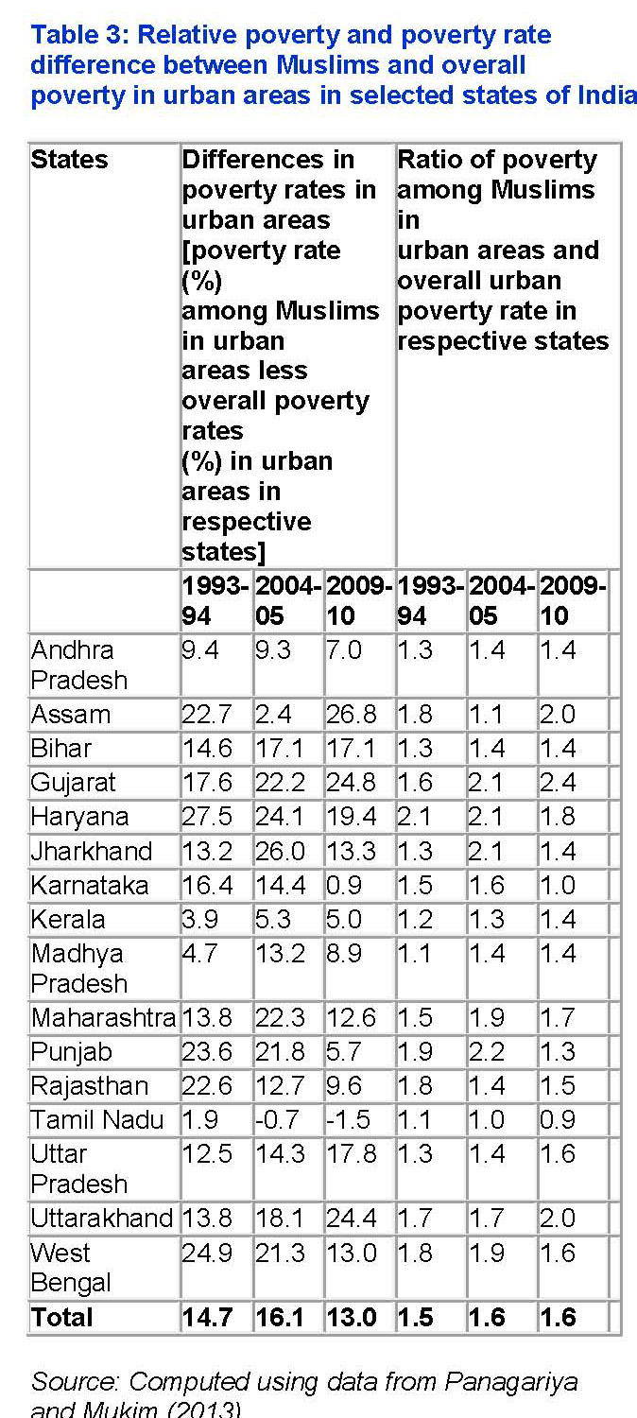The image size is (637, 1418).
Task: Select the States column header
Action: tap(69, 160)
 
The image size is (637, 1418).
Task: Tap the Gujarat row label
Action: tap(74, 783)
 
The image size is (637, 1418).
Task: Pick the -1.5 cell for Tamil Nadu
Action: tap(347, 1120)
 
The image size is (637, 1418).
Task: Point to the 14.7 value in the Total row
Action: tap(206, 1318)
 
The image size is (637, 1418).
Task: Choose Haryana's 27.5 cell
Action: tap(206, 817)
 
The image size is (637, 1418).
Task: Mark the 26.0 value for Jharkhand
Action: tap(280, 851)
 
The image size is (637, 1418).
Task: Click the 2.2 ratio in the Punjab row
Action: tap(490, 1052)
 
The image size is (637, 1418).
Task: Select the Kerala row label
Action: tap(68, 919)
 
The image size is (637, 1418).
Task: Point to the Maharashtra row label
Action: tap(103, 1018)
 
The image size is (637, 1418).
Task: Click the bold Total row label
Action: tap(62, 1318)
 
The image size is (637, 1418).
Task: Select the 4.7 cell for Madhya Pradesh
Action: tap(199, 953)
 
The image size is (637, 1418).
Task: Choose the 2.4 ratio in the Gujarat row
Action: tap(558, 783)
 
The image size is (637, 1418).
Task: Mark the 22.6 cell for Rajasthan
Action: tap(206, 1086)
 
